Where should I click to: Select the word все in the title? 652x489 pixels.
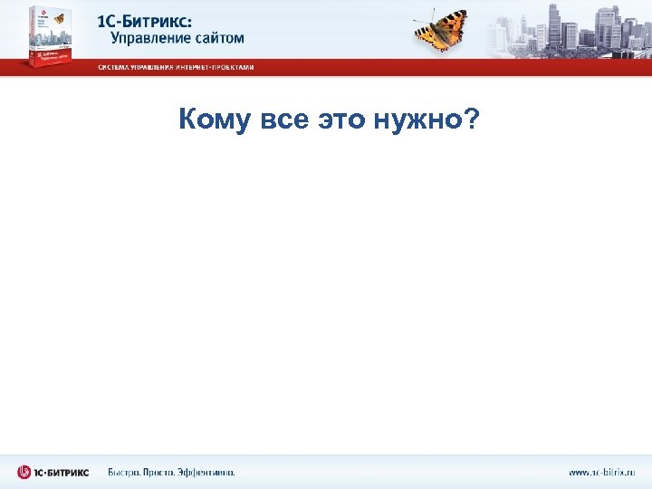pos(283,120)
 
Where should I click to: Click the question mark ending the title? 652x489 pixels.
pos(472,119)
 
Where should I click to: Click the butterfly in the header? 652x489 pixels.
pos(441,30)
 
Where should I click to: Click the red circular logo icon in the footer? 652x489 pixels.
pos(24,472)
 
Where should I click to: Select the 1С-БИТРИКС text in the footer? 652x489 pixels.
pos(62,472)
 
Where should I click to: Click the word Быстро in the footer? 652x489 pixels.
pos(125,472)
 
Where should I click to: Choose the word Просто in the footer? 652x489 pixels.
pos(167,472)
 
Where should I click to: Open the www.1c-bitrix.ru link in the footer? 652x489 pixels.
pos(602,472)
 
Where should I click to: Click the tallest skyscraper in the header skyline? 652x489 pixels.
pos(555,25)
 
